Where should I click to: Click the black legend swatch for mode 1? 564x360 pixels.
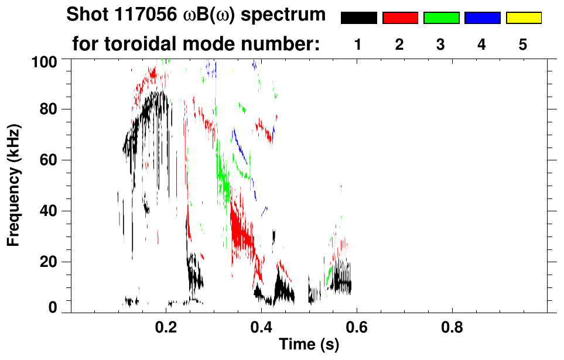(359, 18)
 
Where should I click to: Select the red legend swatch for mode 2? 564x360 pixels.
(400, 18)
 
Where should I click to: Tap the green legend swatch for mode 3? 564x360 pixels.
(441, 18)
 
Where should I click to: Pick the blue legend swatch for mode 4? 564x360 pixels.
(482, 18)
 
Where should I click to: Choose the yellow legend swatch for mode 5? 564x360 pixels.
(524, 18)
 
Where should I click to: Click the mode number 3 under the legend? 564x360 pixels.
(441, 44)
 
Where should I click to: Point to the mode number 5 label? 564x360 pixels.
(524, 44)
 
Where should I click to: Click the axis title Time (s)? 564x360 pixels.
(309, 345)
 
